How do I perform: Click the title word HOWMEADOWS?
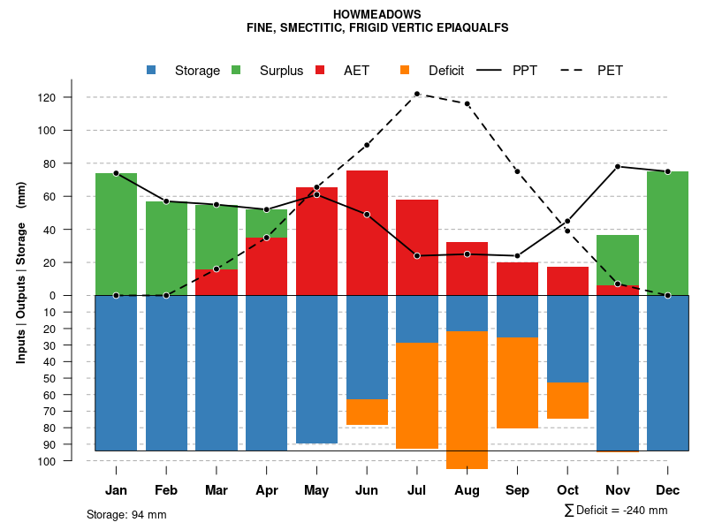point(377,15)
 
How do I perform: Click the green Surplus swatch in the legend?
point(236,71)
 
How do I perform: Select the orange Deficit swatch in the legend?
point(405,71)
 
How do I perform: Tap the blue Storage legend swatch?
point(151,71)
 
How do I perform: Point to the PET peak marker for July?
point(416,94)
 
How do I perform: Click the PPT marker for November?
point(618,166)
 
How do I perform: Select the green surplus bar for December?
point(667,233)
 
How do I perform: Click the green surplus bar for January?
point(116,234)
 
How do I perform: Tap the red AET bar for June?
point(367,233)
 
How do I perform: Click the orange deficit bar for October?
point(567,400)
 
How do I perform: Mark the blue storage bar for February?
point(166,373)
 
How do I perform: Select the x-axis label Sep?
point(517,490)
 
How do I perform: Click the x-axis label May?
point(316,490)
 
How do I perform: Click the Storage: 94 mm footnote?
point(126,514)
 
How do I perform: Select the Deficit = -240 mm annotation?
point(616,511)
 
